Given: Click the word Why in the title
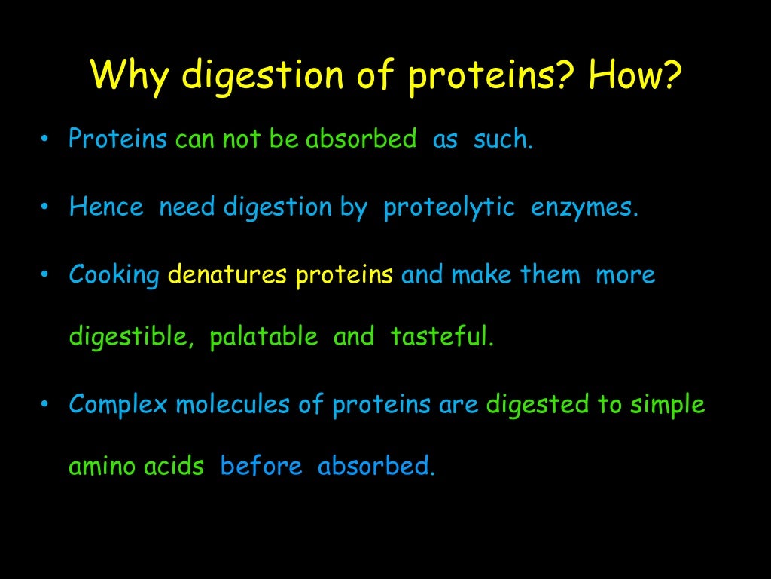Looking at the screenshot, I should pos(130,76).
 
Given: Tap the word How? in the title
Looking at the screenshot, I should pos(634,76).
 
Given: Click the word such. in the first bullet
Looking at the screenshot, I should pos(503,139).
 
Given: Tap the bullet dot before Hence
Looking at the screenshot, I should pos(45,207).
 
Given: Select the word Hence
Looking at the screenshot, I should pos(105,207).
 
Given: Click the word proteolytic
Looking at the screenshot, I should pos(449,207).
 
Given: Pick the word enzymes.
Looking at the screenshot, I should pos(584,207).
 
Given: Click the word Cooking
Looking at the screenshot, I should pos(114,276).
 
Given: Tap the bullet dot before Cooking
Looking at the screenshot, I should pos(45,275).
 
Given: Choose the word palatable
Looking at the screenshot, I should pos(264,337).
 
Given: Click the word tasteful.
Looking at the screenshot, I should pos(442,337).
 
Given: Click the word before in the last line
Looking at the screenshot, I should pos(261,467).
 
